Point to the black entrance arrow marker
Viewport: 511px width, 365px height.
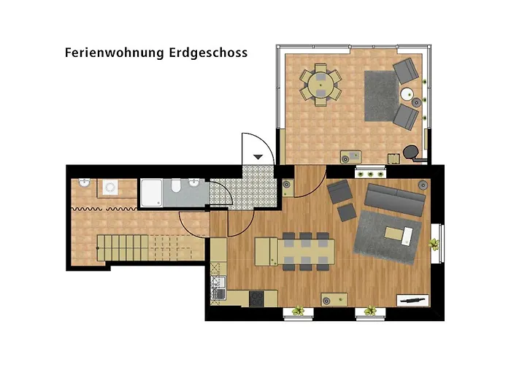(258, 156)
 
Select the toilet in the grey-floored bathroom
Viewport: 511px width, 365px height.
(175, 191)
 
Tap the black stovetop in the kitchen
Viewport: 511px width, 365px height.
(257, 298)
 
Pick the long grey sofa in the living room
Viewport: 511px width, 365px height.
(395, 201)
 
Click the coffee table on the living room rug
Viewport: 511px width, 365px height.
(399, 233)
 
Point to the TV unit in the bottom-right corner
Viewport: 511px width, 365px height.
(413, 299)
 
